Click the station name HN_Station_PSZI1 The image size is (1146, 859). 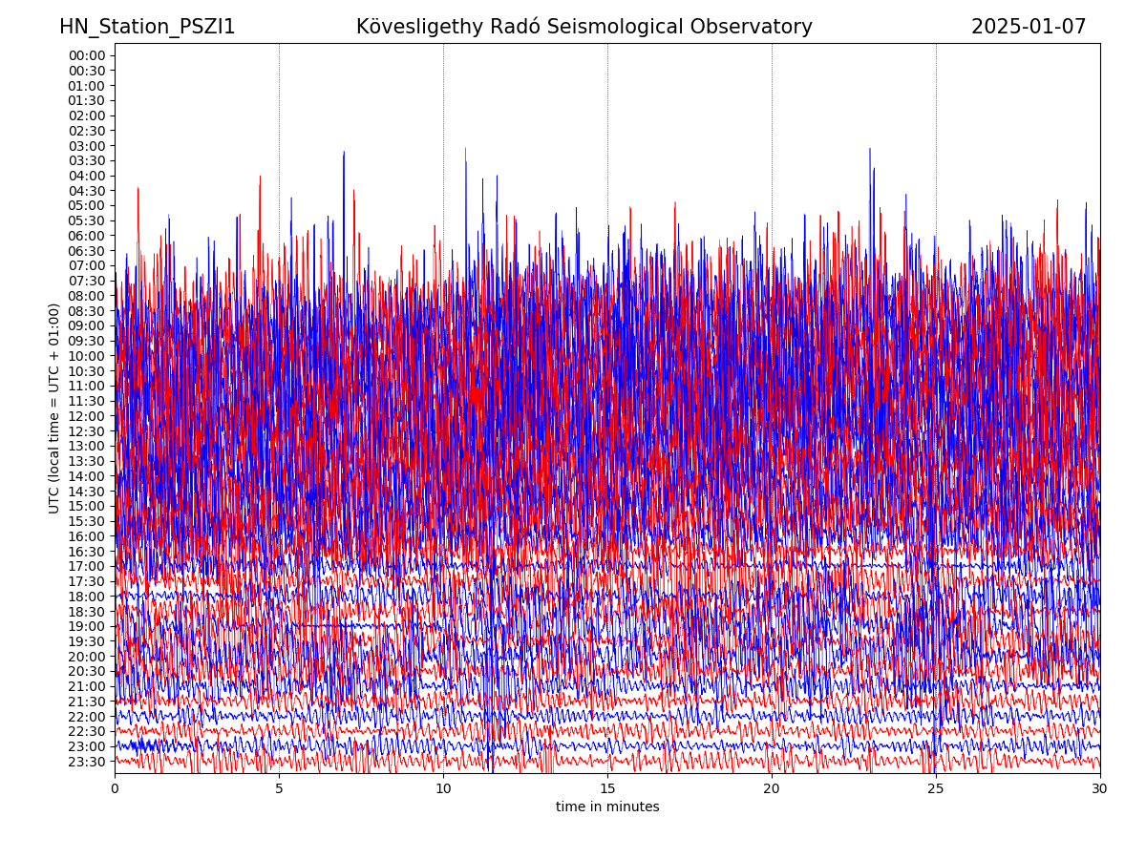tap(147, 27)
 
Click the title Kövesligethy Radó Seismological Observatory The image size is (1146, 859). tap(584, 27)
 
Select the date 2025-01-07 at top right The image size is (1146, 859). tap(1029, 27)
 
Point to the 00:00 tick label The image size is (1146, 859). tap(87, 55)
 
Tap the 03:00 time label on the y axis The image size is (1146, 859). tap(87, 145)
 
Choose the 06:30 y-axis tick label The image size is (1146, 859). tap(87, 250)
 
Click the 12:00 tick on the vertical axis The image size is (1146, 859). tap(87, 416)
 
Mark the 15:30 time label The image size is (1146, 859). tap(87, 521)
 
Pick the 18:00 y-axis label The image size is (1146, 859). tap(87, 597)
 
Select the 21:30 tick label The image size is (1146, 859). tap(87, 702)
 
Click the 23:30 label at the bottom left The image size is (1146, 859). tap(87, 762)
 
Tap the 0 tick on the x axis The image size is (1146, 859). tap(115, 789)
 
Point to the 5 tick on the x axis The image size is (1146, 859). tap(279, 789)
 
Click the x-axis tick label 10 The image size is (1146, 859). tap(443, 789)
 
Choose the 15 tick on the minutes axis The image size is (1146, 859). tap(607, 789)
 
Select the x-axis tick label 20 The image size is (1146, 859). tap(772, 789)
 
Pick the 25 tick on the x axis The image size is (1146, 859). tap(936, 789)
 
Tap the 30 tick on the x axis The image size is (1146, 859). tap(1100, 789)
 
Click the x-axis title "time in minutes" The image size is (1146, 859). tap(607, 807)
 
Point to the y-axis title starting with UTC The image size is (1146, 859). tap(54, 409)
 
